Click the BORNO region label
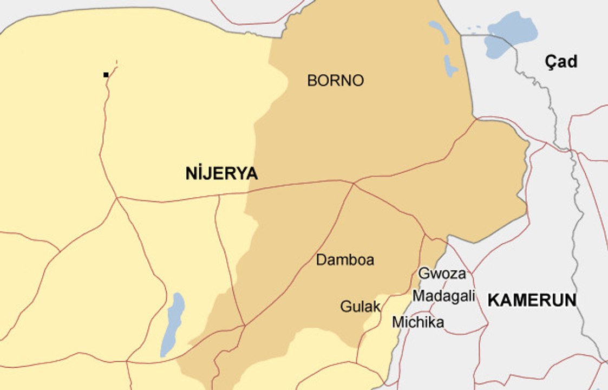coord(335,81)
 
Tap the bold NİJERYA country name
coord(221,174)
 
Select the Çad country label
coord(561,62)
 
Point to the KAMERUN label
coord(532,301)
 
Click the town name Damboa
coord(345,260)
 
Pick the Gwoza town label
coord(442,274)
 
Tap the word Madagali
coord(443,296)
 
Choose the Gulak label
coord(360,307)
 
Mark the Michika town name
coord(418,322)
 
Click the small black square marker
coord(106,75)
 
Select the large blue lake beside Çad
coord(510,34)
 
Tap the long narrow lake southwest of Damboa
coord(173,324)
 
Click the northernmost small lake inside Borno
coord(439,32)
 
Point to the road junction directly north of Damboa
coord(354,184)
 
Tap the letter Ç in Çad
coord(550,62)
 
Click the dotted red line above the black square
coord(114,65)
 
